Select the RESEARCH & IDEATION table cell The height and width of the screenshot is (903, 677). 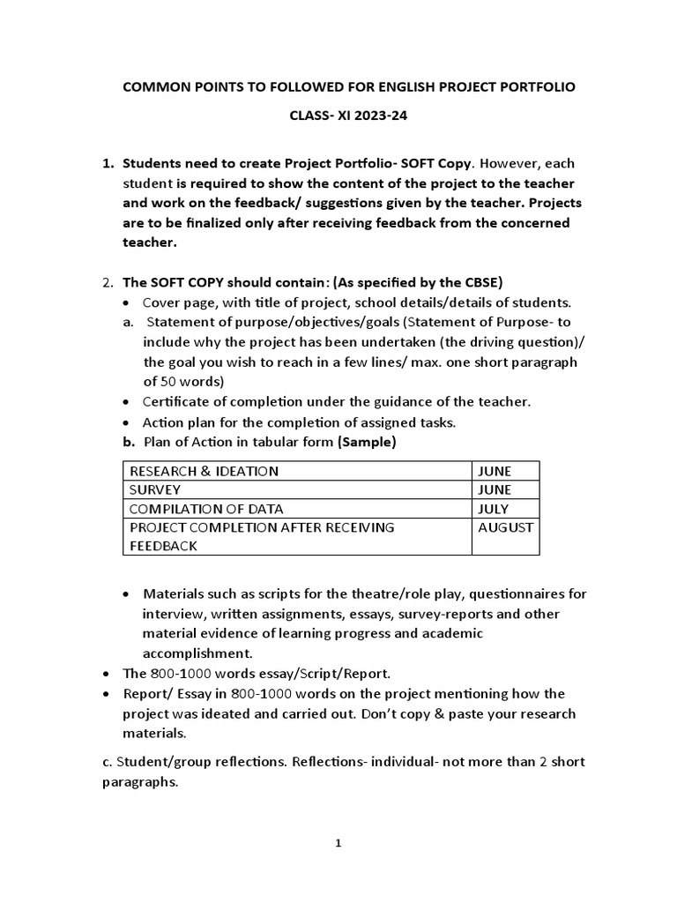(x=204, y=471)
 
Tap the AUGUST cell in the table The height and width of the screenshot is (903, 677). (x=505, y=527)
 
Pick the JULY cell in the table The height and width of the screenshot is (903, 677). (x=494, y=509)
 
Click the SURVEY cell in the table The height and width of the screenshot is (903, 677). (x=155, y=489)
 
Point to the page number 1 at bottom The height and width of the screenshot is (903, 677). (x=338, y=843)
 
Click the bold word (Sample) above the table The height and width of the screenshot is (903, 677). (x=367, y=443)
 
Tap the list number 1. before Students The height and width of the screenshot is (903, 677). (x=108, y=164)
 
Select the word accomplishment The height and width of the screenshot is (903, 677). (x=197, y=653)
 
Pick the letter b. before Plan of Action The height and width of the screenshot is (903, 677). (x=128, y=443)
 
